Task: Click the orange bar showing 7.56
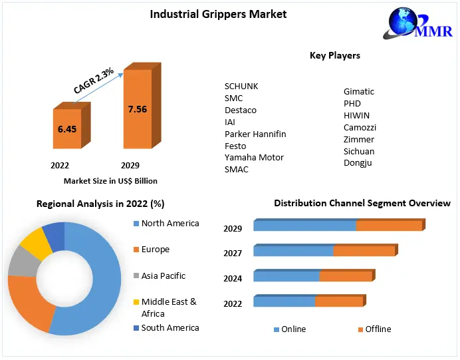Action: [137, 109]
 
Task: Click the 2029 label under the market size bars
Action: [130, 165]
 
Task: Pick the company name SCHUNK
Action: [241, 87]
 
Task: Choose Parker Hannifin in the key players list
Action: [255, 134]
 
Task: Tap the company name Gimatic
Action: [359, 92]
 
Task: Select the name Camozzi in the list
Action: [360, 127]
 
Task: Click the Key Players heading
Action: [335, 55]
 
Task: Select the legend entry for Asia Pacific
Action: [163, 275]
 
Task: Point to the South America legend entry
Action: [170, 327]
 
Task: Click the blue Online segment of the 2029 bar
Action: [304, 226]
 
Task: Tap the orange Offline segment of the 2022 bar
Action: [339, 301]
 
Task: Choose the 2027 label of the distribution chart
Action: [233, 253]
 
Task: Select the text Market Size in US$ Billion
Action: [110, 180]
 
